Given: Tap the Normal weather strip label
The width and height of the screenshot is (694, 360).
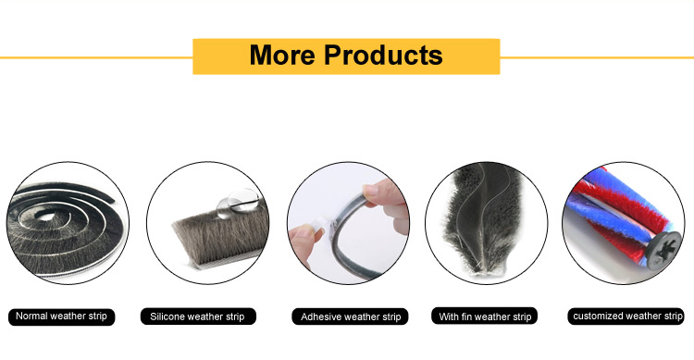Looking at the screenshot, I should tap(62, 317).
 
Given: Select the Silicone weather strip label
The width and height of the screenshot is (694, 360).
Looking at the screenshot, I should tap(197, 317).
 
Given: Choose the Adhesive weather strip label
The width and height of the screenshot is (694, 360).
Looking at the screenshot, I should tap(351, 317).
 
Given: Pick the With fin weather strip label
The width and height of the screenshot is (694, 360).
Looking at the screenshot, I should tap(485, 317).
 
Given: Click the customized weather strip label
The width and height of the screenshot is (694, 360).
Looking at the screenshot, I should tap(627, 317).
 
